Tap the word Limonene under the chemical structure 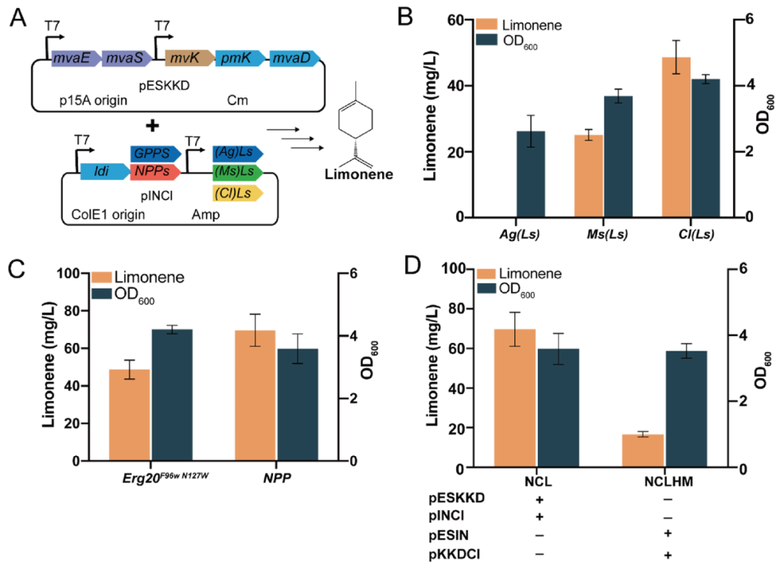click(x=358, y=174)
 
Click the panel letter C click(x=19, y=268)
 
